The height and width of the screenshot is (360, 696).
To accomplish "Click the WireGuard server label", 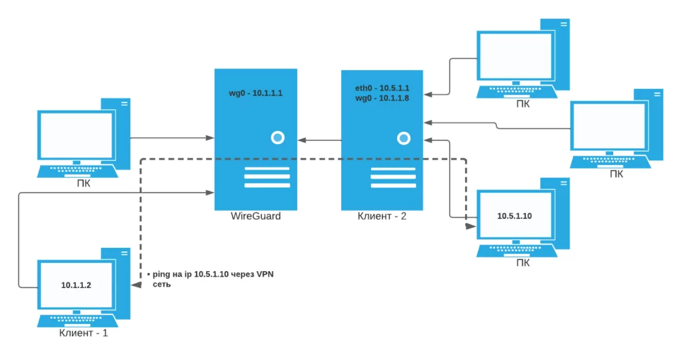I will (x=256, y=217).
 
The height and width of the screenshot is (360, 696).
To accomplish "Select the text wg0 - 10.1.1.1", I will (x=256, y=94).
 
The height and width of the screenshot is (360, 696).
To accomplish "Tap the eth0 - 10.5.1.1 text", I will (x=382, y=88).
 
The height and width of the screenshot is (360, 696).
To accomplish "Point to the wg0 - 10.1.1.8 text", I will (x=382, y=98).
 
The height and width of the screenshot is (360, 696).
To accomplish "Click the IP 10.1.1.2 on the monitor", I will (x=76, y=285).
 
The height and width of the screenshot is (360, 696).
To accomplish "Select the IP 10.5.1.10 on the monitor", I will (x=514, y=216).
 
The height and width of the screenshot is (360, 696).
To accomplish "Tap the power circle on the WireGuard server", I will (x=277, y=138).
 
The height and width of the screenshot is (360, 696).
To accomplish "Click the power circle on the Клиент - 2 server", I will (x=404, y=138).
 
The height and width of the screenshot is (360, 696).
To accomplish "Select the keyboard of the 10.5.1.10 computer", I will (x=517, y=249).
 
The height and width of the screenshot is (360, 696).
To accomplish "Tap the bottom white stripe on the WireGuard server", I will (x=256, y=185).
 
